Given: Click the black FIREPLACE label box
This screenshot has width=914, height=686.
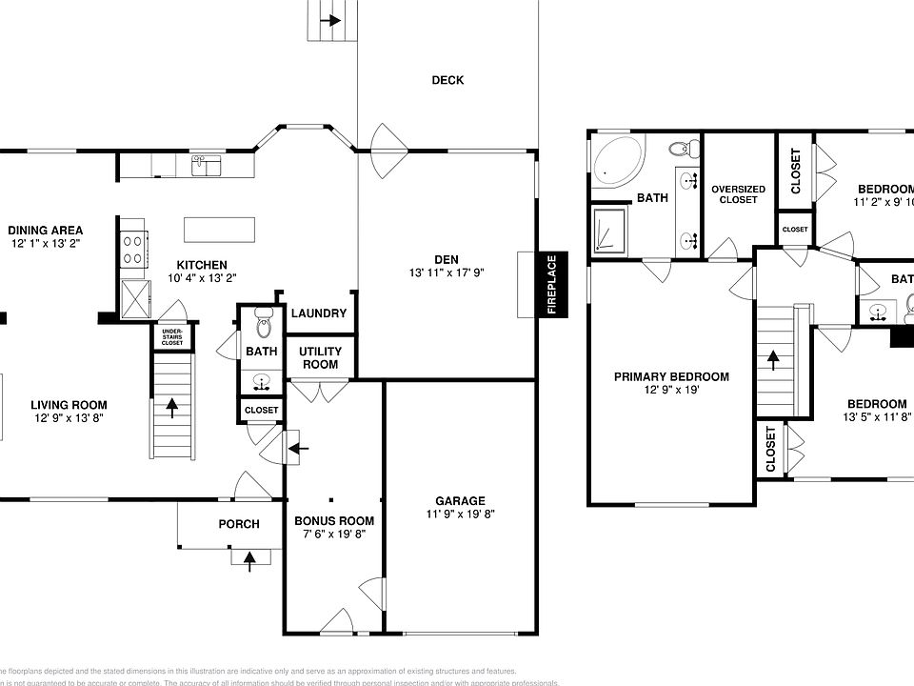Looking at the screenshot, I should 551,284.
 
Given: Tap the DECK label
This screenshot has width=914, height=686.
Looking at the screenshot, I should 447,80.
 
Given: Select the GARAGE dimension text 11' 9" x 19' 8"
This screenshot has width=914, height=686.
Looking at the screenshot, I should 461,514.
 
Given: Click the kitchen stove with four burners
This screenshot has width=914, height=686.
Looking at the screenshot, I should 132,251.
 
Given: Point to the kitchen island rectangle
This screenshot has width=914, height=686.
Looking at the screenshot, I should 220,230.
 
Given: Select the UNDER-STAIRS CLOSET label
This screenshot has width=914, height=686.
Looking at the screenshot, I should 172,336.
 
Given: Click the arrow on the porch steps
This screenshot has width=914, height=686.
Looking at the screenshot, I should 249,560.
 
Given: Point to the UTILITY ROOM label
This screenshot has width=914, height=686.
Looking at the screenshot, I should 320,358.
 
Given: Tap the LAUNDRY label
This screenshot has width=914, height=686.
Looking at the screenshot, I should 319,313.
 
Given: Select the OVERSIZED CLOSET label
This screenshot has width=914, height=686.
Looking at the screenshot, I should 738,193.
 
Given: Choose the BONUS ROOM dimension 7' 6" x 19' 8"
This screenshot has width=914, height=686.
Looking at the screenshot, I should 333,535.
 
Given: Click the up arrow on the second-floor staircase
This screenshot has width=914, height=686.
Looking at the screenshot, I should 773,360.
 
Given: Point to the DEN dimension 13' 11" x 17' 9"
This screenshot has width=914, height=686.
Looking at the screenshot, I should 447,272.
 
